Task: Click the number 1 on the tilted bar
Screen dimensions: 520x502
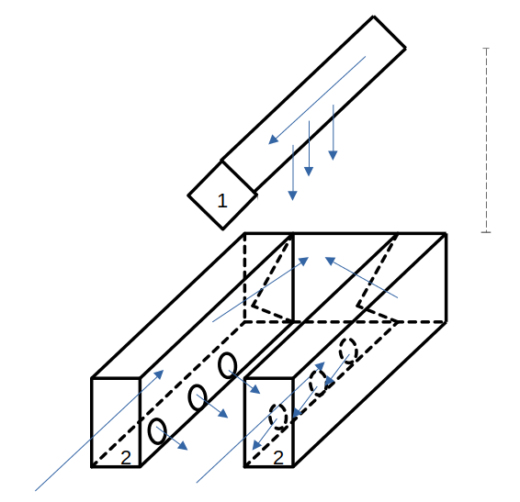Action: pyautogui.click(x=222, y=200)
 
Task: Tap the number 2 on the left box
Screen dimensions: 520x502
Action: pyautogui.click(x=126, y=458)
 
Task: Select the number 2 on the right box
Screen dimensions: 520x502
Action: pyautogui.click(x=278, y=458)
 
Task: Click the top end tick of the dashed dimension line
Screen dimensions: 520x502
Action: pyautogui.click(x=486, y=49)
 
